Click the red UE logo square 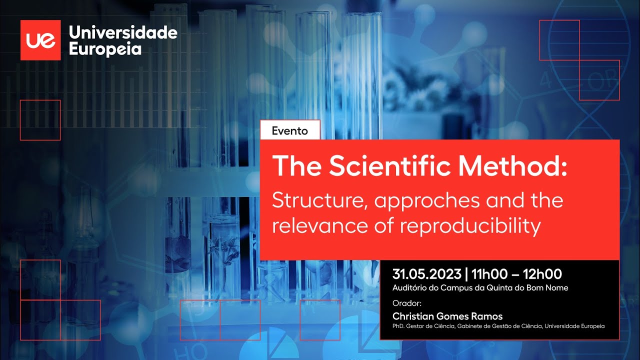[40, 40]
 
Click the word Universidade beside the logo [123, 33]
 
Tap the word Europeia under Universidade [105, 49]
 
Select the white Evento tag [290, 130]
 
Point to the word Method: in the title [513, 166]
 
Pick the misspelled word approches [427, 201]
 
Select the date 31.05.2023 [427, 274]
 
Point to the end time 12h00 [542, 274]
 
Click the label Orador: [407, 303]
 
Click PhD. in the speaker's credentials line [398, 326]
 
